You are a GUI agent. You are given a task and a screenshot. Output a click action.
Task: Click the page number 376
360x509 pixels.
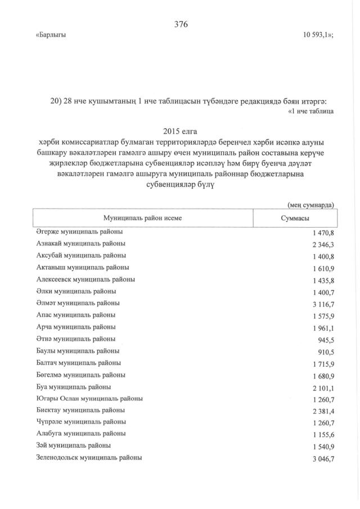[x=181, y=24]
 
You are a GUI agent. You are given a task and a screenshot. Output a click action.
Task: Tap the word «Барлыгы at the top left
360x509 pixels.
[x=51, y=35]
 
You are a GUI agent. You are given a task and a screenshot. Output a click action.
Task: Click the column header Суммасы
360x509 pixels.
[x=295, y=218]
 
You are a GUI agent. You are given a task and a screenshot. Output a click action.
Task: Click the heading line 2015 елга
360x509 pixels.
[x=180, y=129]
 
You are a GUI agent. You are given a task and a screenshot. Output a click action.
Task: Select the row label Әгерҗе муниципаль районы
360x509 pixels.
[x=79, y=232]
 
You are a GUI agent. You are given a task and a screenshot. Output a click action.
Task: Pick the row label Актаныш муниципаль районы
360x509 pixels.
[x=82, y=268]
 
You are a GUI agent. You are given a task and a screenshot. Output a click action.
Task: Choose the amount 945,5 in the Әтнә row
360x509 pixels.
[x=326, y=339]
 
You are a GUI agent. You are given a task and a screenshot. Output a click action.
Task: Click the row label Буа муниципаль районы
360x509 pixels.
[x=73, y=387]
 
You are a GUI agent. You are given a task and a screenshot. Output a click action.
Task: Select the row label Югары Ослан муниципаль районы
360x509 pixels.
[x=89, y=399]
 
